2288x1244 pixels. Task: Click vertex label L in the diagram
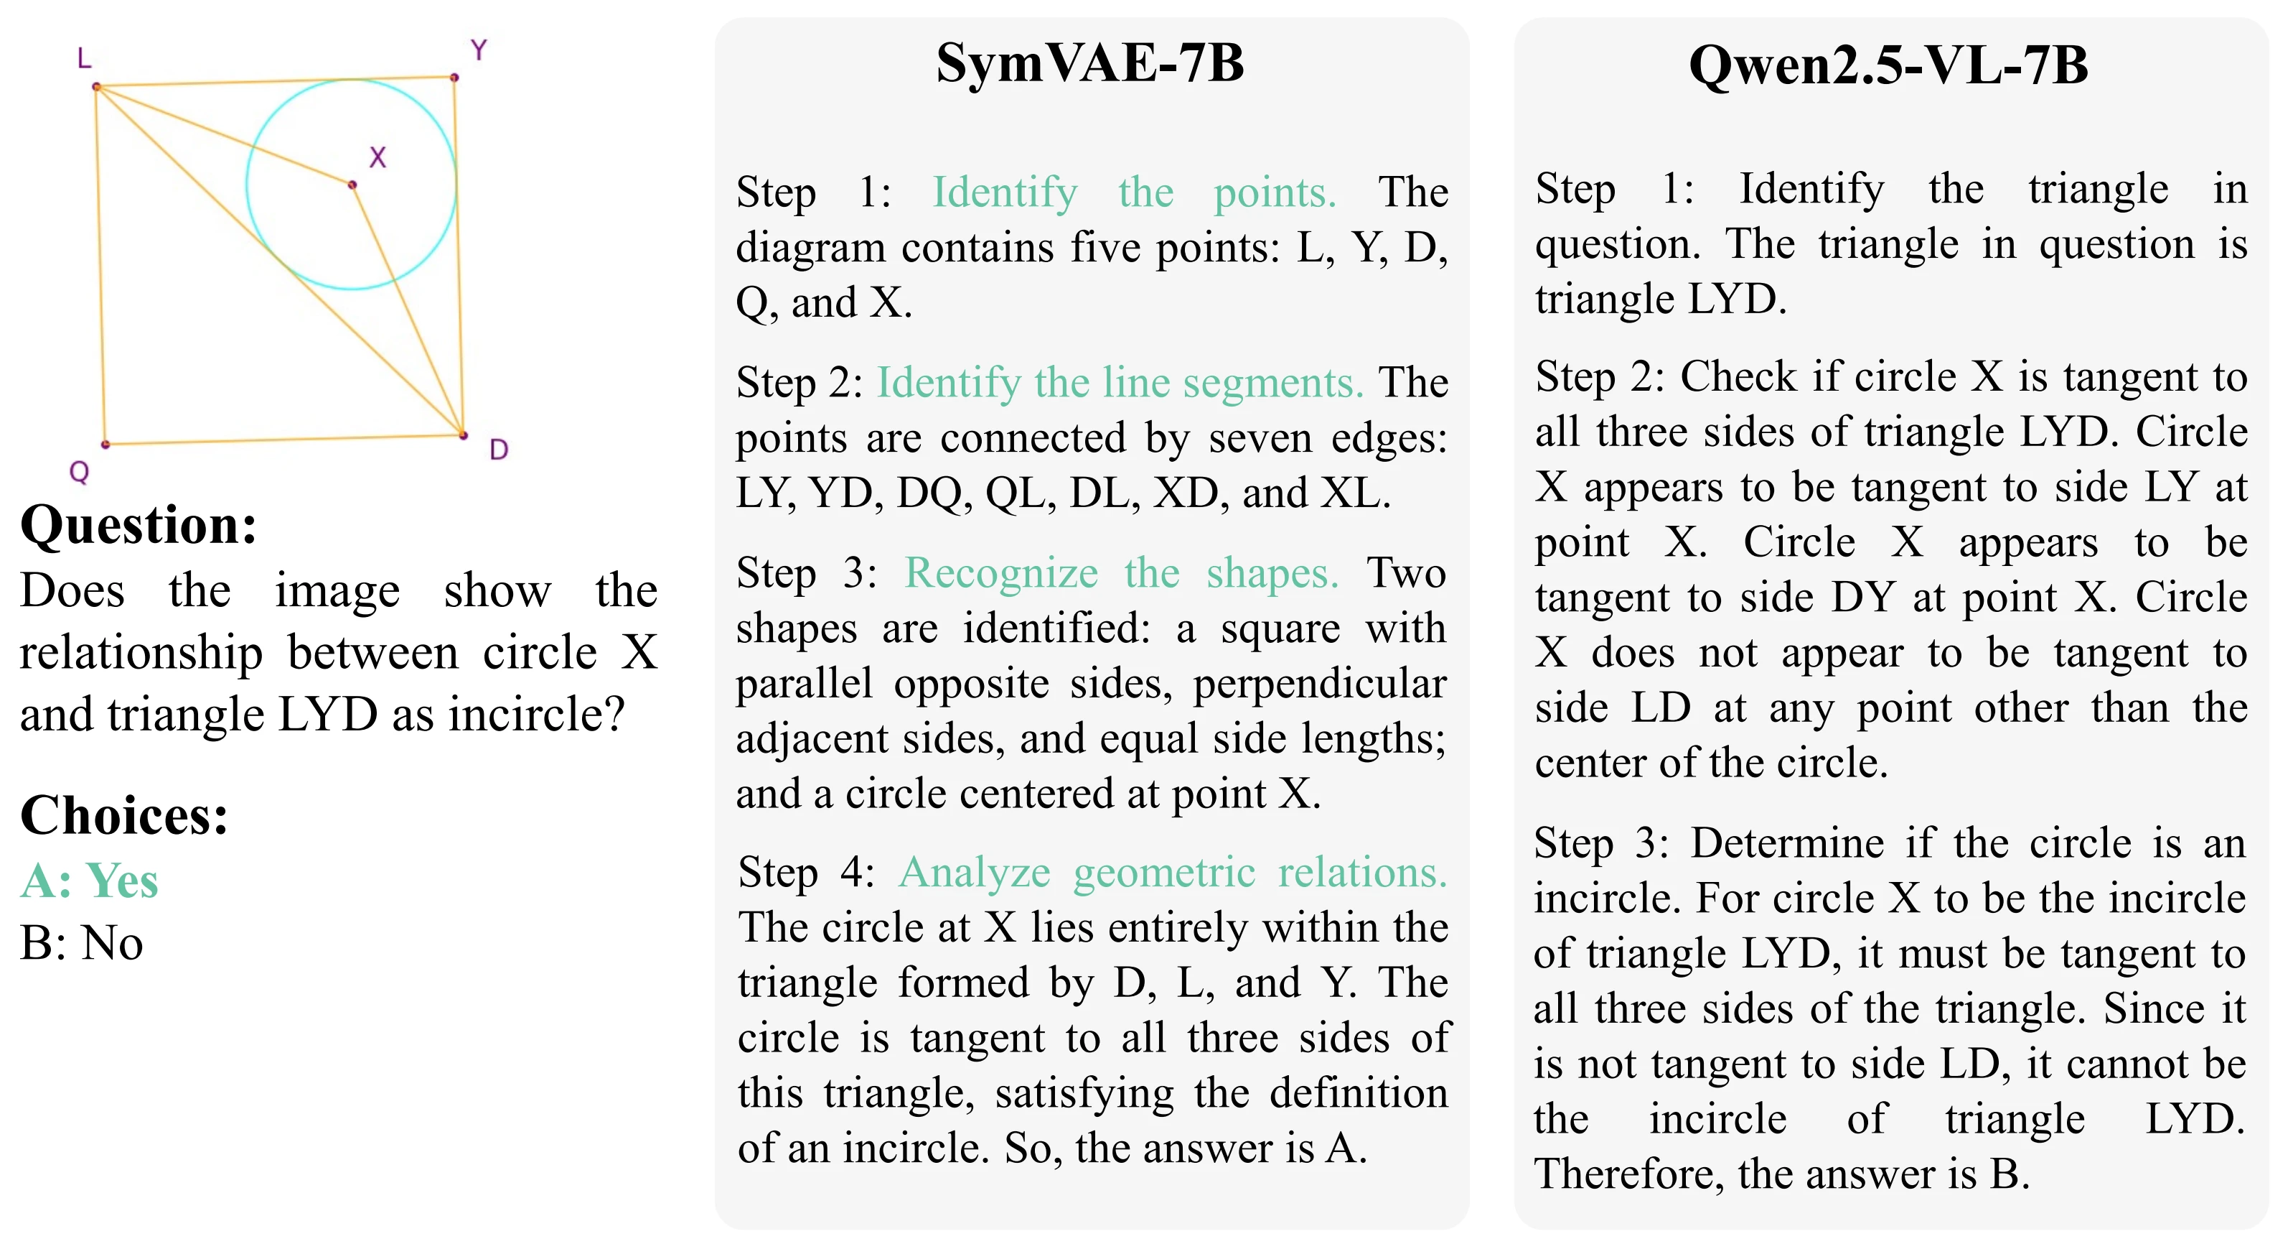coord(85,60)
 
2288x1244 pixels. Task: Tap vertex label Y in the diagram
coord(479,50)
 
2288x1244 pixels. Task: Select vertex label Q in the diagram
coord(79,472)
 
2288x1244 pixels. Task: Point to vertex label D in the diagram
coord(500,450)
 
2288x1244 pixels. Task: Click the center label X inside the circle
coord(378,157)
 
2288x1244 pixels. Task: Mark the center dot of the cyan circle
coord(352,185)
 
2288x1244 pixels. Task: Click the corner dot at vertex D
coord(463,435)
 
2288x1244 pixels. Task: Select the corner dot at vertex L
coord(97,86)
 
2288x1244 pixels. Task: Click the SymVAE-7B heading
coord(1090,63)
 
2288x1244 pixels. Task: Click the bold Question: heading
coord(139,524)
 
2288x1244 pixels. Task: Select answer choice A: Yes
coord(89,881)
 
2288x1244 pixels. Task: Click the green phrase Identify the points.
coord(1133,192)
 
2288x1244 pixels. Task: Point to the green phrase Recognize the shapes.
coord(1121,572)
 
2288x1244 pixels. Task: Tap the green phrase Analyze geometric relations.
coord(1173,872)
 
